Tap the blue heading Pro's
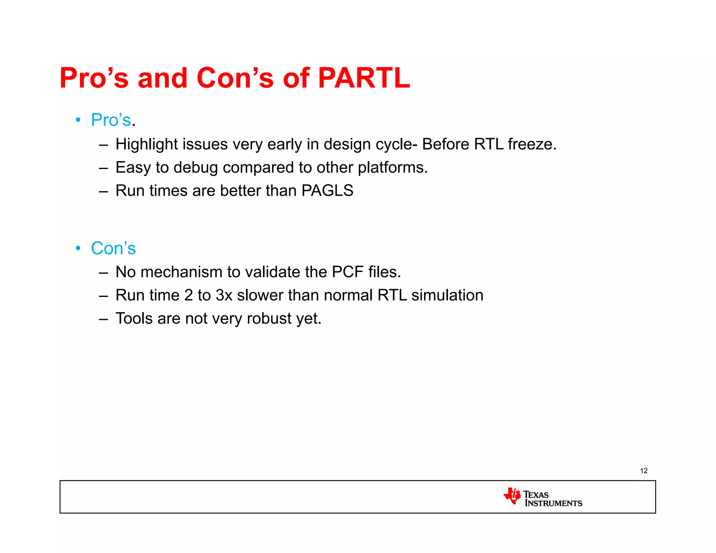(x=111, y=120)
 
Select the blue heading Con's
(x=113, y=249)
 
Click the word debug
(x=195, y=168)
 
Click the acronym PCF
(x=348, y=272)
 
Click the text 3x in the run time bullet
(x=224, y=295)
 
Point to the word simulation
(x=447, y=295)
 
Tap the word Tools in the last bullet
(x=134, y=318)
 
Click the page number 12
(x=644, y=471)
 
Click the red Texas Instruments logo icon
(x=512, y=496)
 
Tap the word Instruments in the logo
(x=553, y=503)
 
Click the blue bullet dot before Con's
(x=78, y=249)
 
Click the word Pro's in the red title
(x=94, y=78)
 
